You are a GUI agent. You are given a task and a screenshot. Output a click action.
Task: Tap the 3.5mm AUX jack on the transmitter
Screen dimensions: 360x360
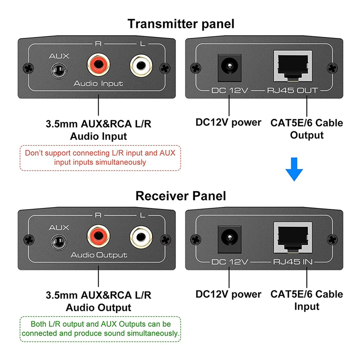[x=58, y=70]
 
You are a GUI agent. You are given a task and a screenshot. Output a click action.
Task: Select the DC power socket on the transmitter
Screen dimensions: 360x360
[x=229, y=67]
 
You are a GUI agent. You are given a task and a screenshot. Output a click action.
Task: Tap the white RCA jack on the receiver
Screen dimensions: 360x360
[x=140, y=238]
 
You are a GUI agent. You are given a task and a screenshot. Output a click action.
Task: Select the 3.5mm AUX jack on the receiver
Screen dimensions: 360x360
[x=58, y=241]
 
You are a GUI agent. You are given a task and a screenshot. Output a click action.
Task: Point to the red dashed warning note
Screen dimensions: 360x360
[x=100, y=157]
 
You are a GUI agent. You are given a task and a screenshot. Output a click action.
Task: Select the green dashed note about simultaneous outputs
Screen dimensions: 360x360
[x=100, y=328]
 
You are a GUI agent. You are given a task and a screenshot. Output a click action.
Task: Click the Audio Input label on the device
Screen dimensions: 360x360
[x=98, y=84]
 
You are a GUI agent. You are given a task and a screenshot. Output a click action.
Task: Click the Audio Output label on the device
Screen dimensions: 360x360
[x=99, y=255]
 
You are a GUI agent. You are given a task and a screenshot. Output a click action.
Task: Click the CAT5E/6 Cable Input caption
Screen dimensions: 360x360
[x=306, y=300]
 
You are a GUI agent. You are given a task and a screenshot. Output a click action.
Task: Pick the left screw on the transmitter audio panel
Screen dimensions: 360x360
[x=29, y=68]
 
